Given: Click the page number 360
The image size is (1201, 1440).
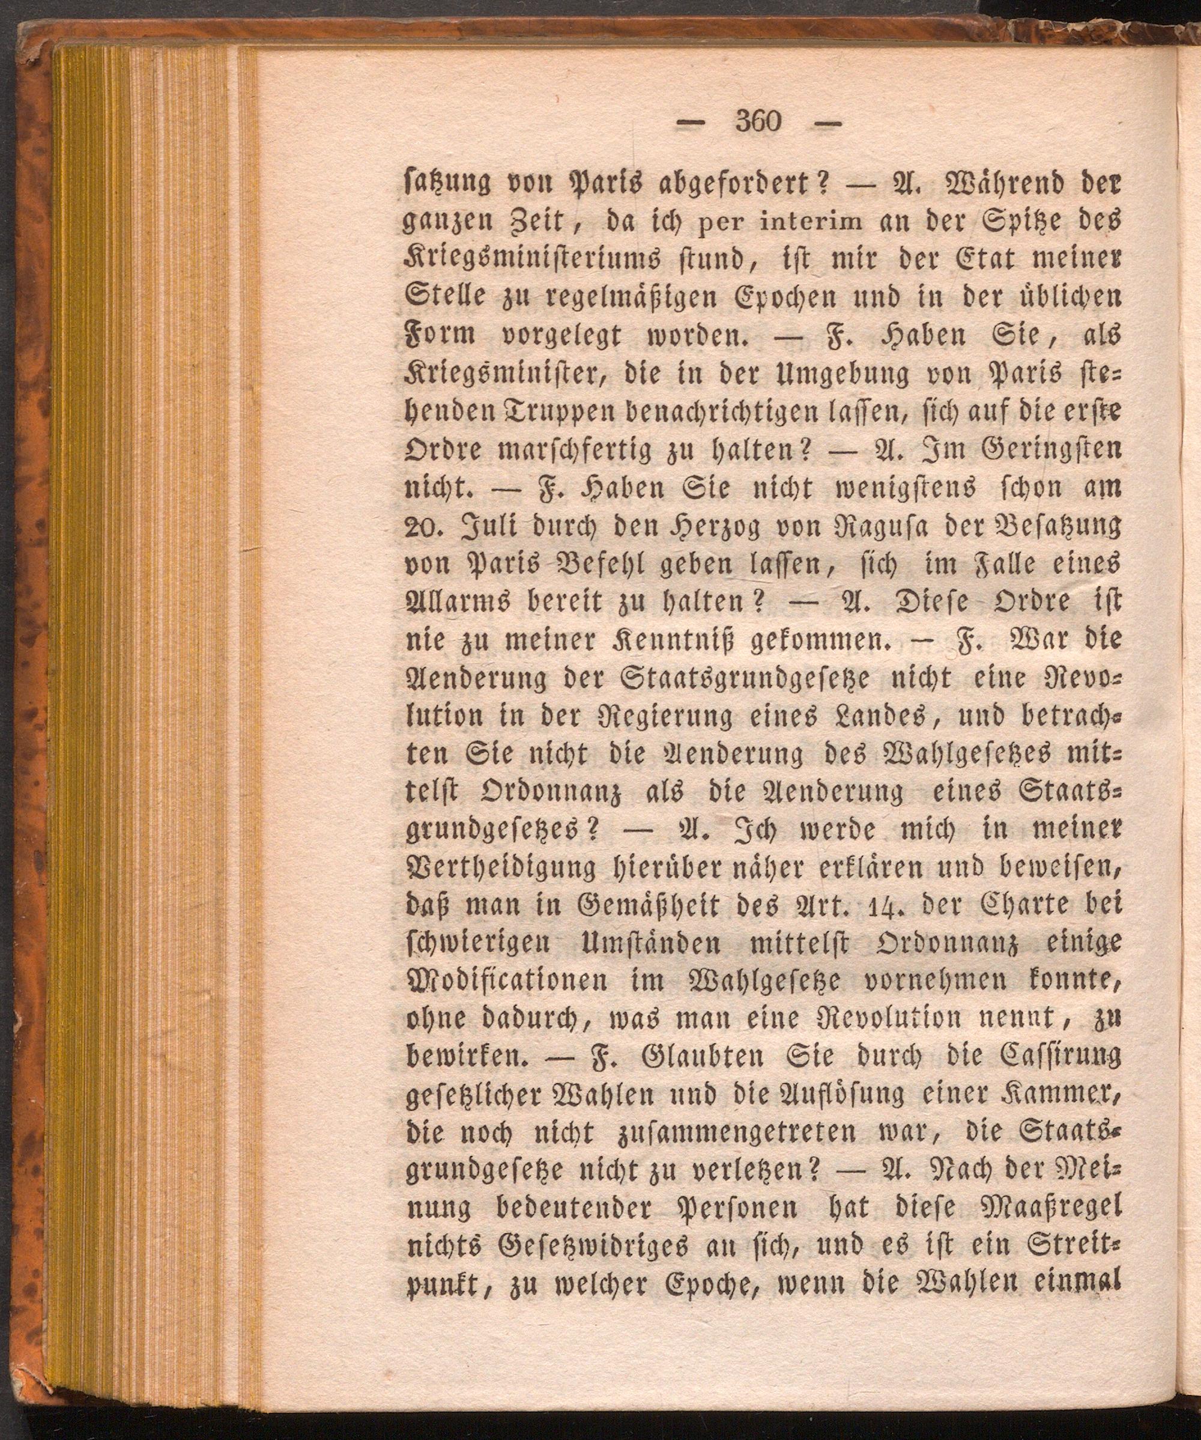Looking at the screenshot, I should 758,122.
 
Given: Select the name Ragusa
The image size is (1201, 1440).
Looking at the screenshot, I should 873,529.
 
